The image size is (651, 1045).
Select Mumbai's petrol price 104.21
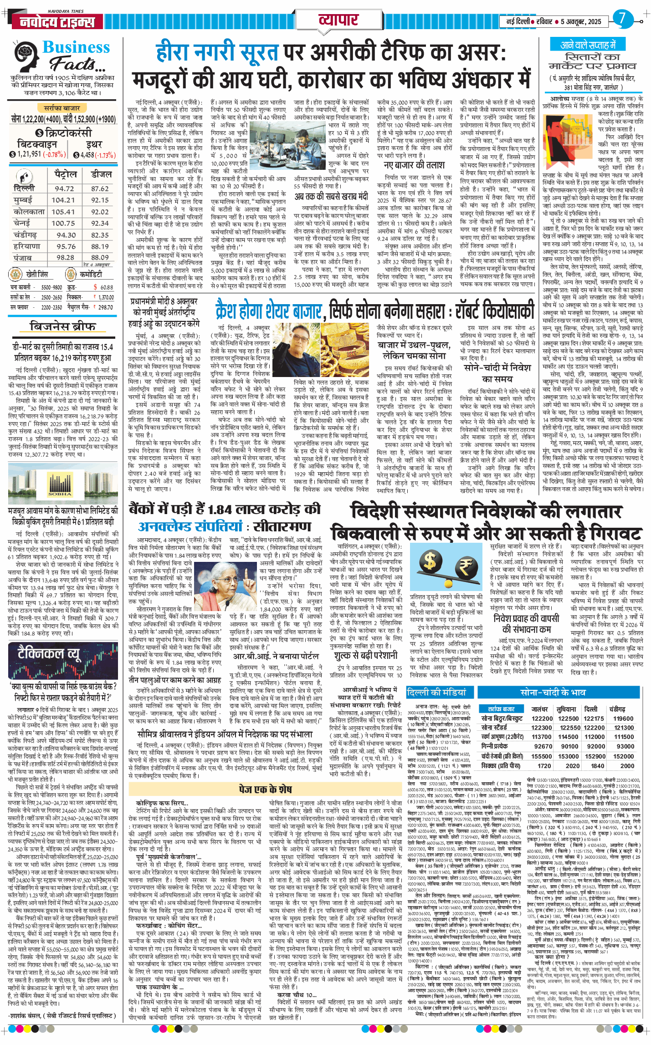pyautogui.click(x=63, y=200)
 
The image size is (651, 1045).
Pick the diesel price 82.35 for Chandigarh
pyautogui.click(x=100, y=235)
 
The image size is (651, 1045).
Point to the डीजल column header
pyautogui.click(x=101, y=174)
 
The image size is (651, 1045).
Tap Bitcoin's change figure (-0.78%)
pyautogui.click(x=54, y=154)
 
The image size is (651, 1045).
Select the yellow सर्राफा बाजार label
pyautogui.click(x=62, y=108)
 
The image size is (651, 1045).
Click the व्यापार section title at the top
pyautogui.click(x=338, y=20)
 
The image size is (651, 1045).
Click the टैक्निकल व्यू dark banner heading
pyautogui.click(x=49, y=653)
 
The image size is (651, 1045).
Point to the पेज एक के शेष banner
pyautogui.click(x=266, y=789)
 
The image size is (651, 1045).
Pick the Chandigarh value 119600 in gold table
pyautogui.click(x=623, y=718)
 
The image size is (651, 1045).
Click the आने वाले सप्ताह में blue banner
pyautogui.click(x=588, y=45)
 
